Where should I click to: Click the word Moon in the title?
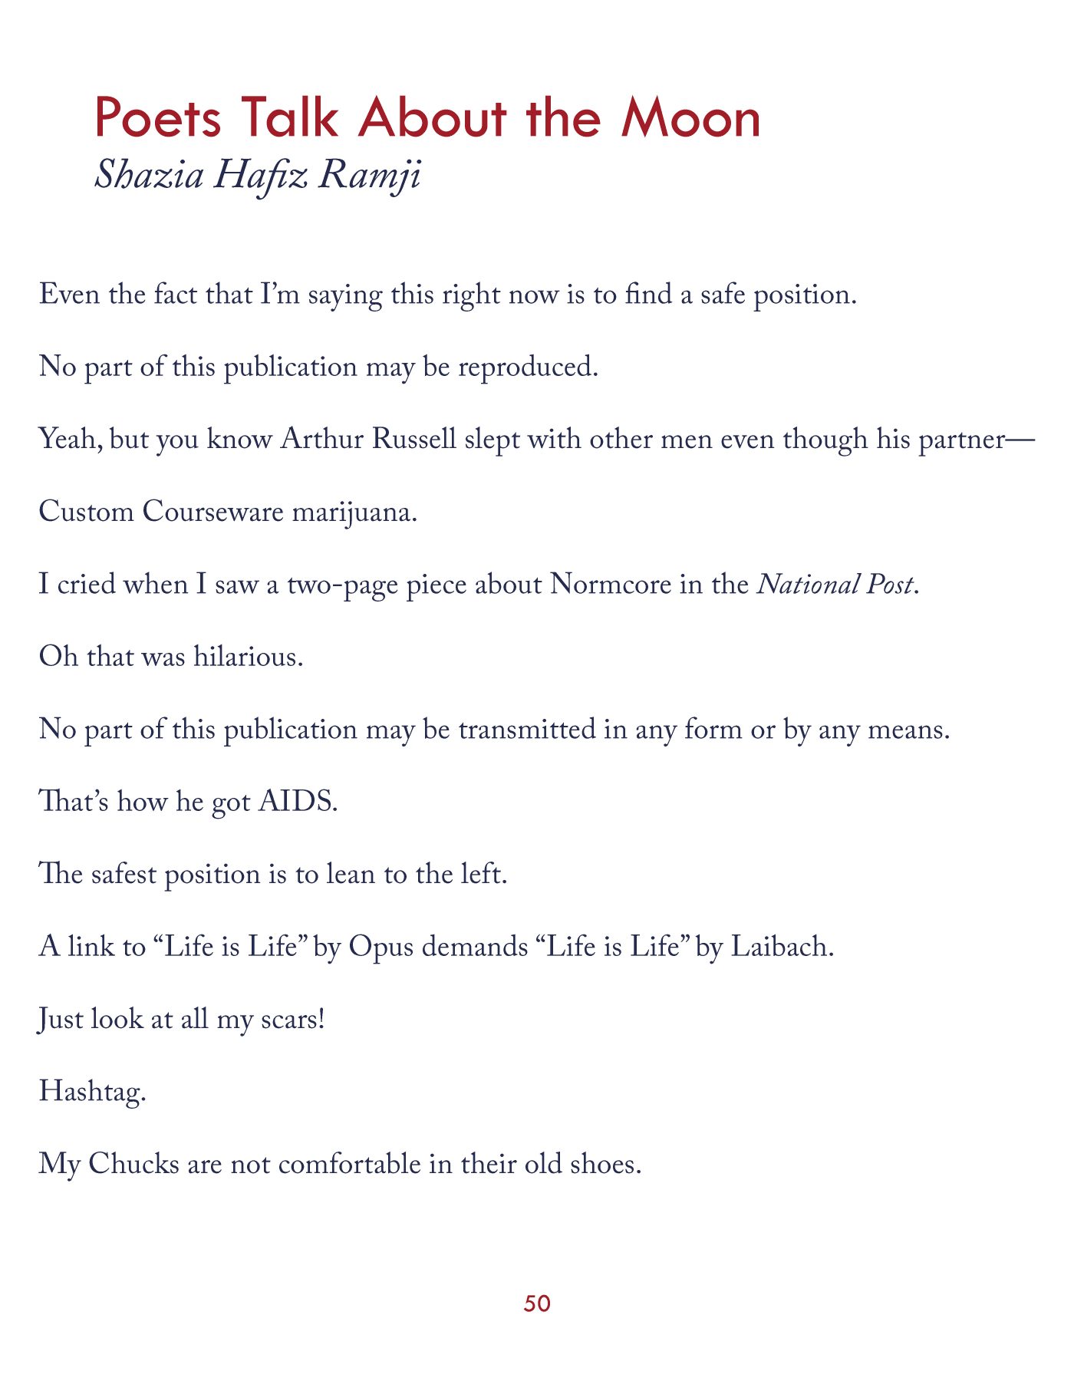690,119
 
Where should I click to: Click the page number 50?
537,1303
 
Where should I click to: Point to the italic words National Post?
836,585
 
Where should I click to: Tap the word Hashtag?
91,1091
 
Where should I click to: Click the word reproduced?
528,367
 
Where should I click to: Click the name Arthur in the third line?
321,440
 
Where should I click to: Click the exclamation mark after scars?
321,1019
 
